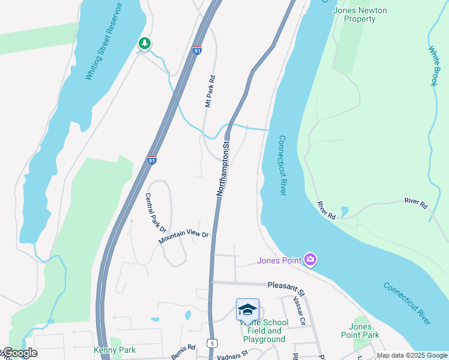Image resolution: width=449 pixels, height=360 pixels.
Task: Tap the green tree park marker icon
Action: pyautogui.click(x=144, y=43)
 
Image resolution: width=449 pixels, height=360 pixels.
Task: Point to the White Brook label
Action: pyautogui.click(x=433, y=67)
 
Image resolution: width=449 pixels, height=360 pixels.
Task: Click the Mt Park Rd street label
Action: pyautogui.click(x=209, y=91)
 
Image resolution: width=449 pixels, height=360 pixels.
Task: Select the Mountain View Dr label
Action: pyautogui.click(x=183, y=238)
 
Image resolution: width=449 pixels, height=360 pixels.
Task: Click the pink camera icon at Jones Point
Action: pyautogui.click(x=310, y=259)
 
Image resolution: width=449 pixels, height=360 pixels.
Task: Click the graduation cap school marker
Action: pyautogui.click(x=247, y=310)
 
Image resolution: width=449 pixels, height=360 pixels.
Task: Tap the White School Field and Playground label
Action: pyautogui.click(x=264, y=331)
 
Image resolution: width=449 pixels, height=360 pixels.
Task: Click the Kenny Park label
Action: pyautogui.click(x=115, y=350)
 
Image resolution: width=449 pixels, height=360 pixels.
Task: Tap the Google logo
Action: pyautogui.click(x=19, y=353)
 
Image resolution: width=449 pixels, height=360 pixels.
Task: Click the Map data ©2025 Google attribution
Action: pyautogui.click(x=412, y=355)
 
